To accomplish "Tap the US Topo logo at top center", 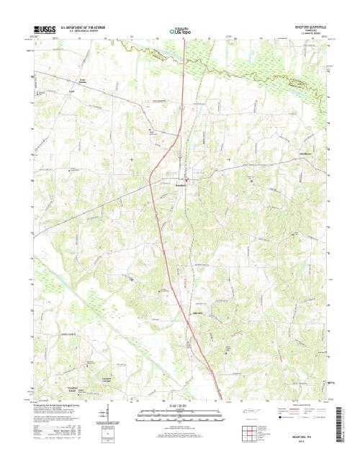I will (x=180, y=31).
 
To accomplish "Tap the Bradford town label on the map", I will (x=183, y=185).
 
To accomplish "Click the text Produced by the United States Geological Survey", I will (x=61, y=405).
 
